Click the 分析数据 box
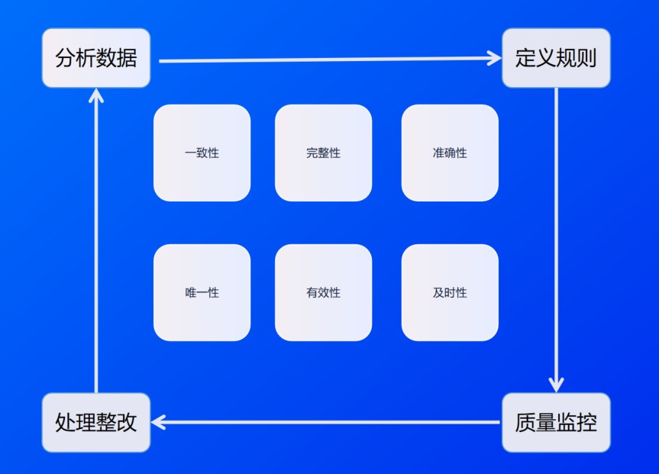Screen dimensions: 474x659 pos(96,58)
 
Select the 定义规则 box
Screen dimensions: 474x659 pos(556,58)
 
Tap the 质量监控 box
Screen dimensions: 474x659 pos(556,422)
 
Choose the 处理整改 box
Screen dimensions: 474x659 pos(96,422)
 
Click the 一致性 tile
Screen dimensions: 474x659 pos(202,153)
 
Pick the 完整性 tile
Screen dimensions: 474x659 pos(323,153)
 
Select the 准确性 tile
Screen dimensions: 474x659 pos(450,153)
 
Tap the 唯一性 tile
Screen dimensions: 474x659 pos(202,292)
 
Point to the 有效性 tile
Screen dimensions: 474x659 pos(323,292)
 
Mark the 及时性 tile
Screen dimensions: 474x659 pos(450,292)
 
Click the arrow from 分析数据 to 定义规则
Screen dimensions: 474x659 pos(321,59)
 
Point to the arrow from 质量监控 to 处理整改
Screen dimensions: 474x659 pos(328,421)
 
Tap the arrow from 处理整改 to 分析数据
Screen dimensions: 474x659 pos(96,244)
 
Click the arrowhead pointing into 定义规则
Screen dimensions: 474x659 pos(493,57)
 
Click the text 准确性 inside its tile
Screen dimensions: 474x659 pos(450,153)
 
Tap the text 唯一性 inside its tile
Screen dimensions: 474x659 pos(202,292)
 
